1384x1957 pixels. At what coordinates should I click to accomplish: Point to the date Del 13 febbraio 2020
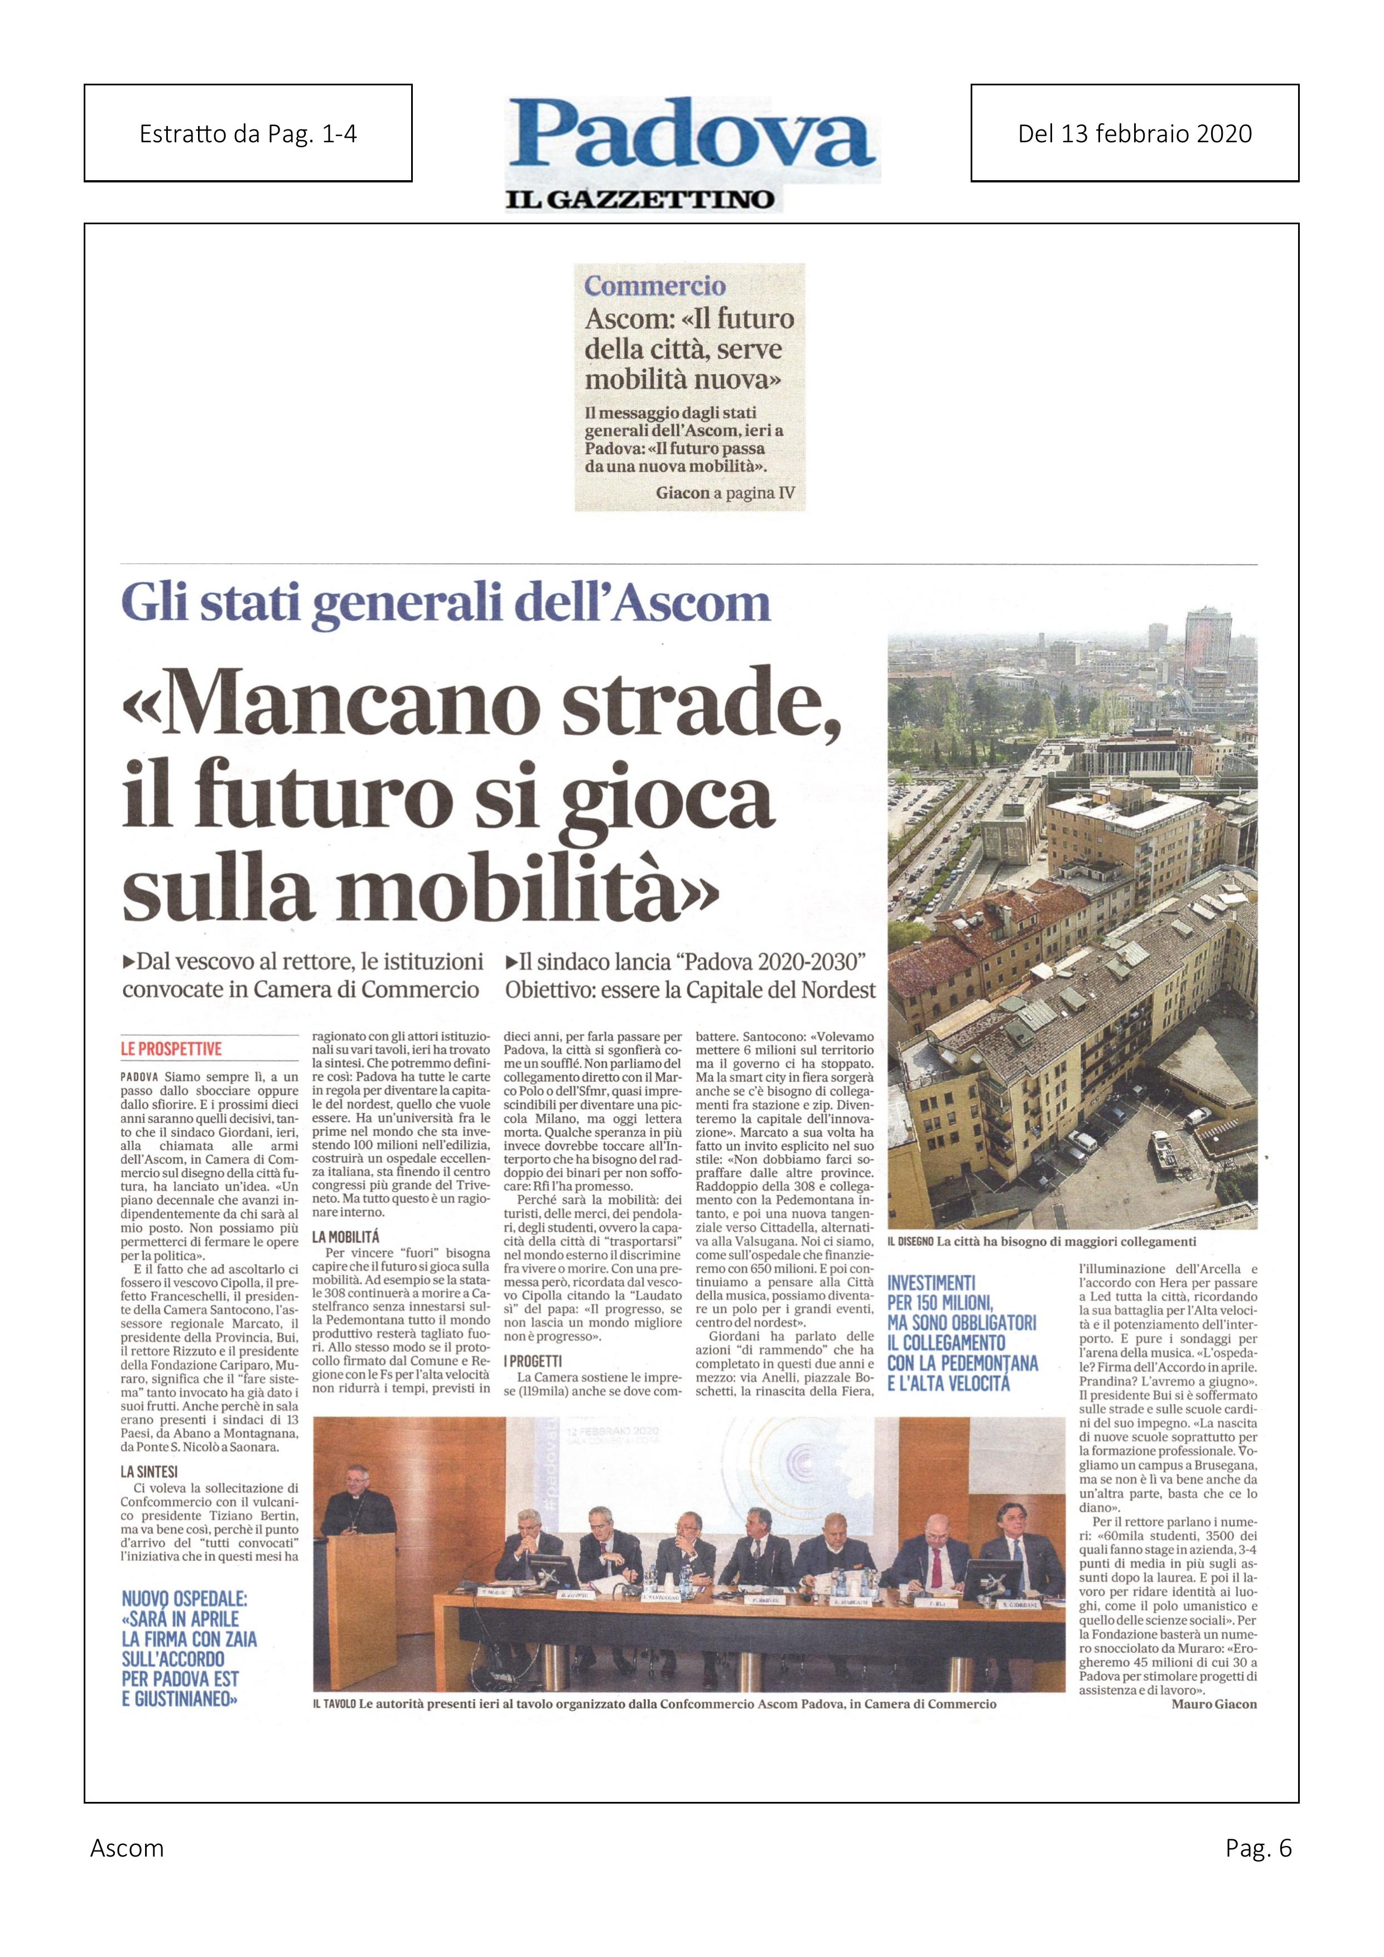pyautogui.click(x=1134, y=133)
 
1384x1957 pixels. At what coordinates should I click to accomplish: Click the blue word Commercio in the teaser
pyautogui.click(x=654, y=286)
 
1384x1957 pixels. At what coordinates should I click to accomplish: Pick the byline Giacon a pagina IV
pyautogui.click(x=725, y=493)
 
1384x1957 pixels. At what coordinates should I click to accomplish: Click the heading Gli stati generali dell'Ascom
pyautogui.click(x=446, y=604)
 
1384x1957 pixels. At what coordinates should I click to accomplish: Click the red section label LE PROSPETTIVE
pyautogui.click(x=171, y=1048)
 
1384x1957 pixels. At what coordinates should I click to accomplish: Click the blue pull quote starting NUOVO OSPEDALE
pyautogui.click(x=189, y=1648)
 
